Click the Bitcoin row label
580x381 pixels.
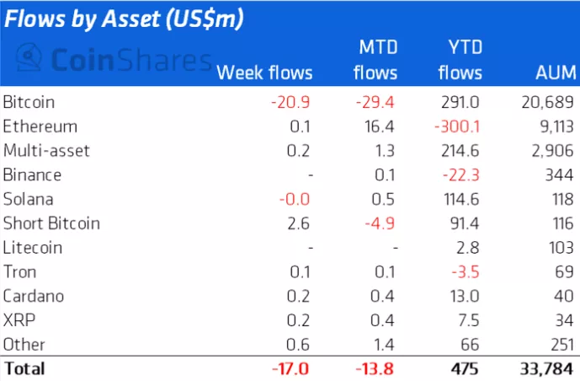pos(29,102)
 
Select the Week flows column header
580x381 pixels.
pos(264,72)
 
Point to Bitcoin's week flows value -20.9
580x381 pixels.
pos(291,102)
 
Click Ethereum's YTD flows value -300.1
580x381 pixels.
pos(461,126)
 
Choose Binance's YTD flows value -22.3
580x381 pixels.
pos(466,175)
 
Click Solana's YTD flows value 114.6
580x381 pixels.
pos(463,200)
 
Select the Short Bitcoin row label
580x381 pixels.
pos(51,223)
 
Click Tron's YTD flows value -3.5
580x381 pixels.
pos(469,272)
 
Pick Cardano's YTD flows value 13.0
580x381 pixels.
pos(468,297)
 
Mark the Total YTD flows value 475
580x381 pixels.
pos(468,369)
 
